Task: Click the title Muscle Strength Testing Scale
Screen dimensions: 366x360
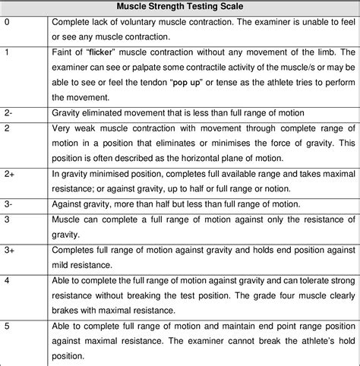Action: point(179,6)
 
